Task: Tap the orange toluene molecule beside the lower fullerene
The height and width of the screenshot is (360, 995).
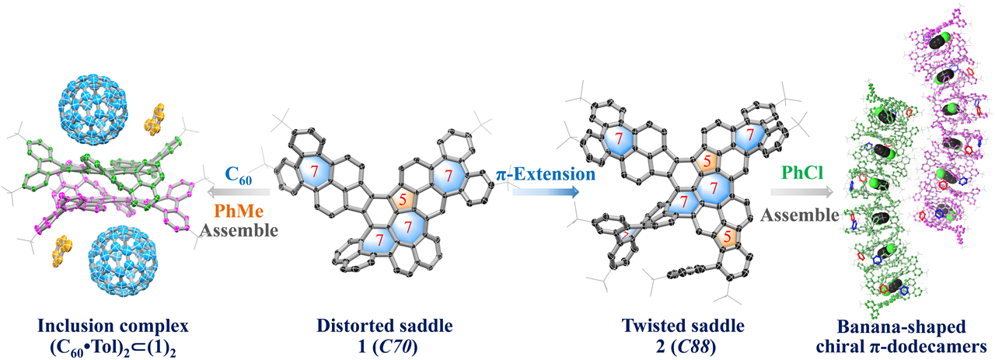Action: pyautogui.click(x=61, y=251)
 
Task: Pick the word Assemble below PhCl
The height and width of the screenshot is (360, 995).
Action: pyautogui.click(x=801, y=215)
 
